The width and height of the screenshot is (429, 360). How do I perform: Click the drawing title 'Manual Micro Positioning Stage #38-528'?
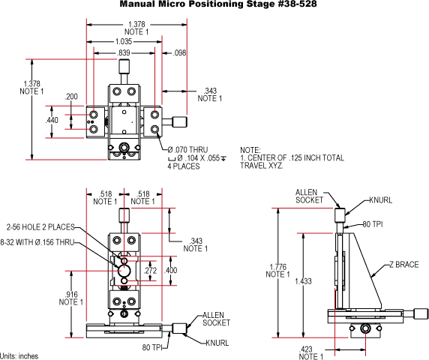click(214, 5)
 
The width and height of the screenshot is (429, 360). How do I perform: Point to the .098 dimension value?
click(179, 54)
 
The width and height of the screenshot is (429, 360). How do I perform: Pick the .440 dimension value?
click(52, 120)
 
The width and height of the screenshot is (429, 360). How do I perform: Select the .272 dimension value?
click(149, 271)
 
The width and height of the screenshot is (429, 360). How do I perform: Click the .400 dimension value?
click(172, 271)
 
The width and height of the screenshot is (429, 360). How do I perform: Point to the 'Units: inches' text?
click(19, 355)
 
